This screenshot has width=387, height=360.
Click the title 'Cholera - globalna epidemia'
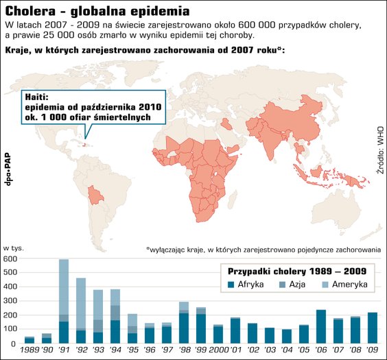97,12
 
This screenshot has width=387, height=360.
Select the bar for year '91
64,302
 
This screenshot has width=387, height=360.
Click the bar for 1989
30,340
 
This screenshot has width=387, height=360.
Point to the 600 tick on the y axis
10,259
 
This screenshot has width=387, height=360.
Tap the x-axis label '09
373,351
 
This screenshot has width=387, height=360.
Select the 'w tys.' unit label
14,248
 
